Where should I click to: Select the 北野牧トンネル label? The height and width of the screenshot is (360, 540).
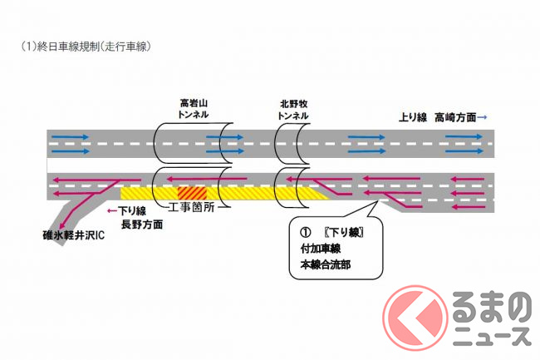[x=295, y=107]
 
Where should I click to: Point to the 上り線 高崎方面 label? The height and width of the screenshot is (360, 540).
[x=443, y=118]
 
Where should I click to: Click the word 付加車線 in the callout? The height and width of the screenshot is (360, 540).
[x=322, y=249]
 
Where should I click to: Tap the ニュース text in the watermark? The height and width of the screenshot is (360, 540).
[x=493, y=337]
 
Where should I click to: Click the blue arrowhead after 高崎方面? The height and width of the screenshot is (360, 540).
[x=484, y=118]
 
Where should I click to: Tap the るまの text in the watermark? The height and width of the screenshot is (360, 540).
[x=492, y=308]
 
